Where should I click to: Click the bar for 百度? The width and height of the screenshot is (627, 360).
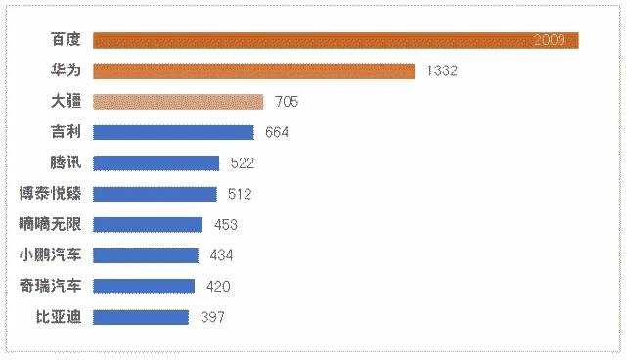tap(313, 40)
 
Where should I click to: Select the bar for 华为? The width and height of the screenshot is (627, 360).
tap(254, 70)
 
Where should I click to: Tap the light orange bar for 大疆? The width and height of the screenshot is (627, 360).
tap(178, 102)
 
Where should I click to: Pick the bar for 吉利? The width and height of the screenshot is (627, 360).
tap(173, 132)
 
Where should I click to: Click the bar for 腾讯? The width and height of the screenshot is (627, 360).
tap(156, 163)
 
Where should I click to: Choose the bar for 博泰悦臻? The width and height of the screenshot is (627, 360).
tap(155, 194)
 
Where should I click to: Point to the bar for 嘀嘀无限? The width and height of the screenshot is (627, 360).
tap(148, 224)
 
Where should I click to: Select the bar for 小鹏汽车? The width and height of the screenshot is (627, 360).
tap(146, 255)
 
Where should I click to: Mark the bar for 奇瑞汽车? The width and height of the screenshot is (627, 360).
tap(144, 286)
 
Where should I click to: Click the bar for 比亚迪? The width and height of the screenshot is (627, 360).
tap(141, 316)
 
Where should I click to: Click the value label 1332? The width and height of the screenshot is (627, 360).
tap(443, 71)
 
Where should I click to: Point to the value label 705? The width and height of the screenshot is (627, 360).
tap(287, 102)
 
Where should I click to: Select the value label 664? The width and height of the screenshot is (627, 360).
tap(277, 132)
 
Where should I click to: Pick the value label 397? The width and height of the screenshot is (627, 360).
tap(212, 317)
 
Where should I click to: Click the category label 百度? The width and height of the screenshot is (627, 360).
tap(67, 40)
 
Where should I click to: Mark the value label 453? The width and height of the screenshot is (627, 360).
tap(226, 225)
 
